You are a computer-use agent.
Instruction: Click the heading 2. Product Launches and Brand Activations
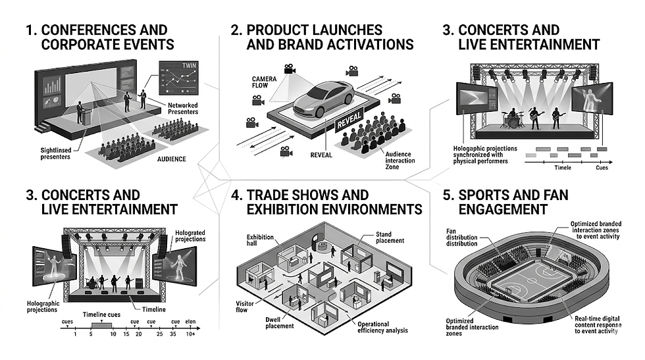322,38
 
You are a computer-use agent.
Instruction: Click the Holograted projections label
190,236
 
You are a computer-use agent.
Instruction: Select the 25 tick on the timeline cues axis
159,334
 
